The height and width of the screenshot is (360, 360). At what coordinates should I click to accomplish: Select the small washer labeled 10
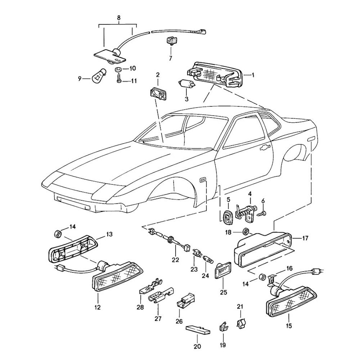[118, 69]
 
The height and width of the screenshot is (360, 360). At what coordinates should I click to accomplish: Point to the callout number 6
[263, 201]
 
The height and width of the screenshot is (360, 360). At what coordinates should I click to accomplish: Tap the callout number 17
[305, 238]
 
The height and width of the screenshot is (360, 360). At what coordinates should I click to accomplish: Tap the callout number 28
[140, 307]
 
